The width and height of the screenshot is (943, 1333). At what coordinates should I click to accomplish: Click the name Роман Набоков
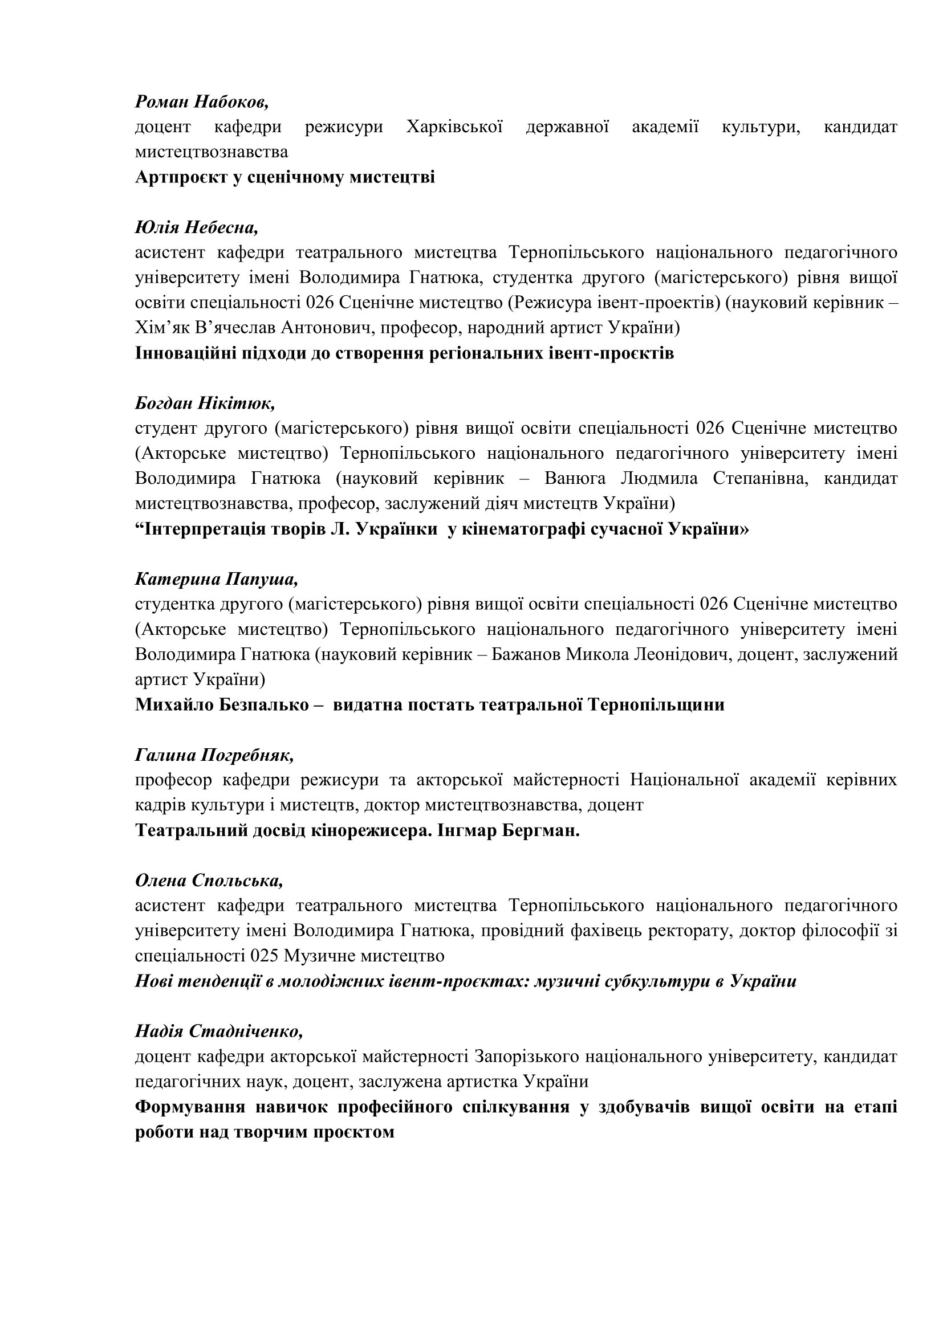[x=201, y=102]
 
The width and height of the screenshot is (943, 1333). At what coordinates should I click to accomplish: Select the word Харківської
[x=454, y=127]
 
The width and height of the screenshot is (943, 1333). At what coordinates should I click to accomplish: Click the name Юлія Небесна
[x=196, y=227]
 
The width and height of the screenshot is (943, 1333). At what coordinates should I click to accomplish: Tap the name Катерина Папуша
[x=217, y=580]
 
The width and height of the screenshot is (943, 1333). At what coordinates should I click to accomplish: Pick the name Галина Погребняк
[x=214, y=755]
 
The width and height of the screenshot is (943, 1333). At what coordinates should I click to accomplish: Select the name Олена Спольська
[x=209, y=880]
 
